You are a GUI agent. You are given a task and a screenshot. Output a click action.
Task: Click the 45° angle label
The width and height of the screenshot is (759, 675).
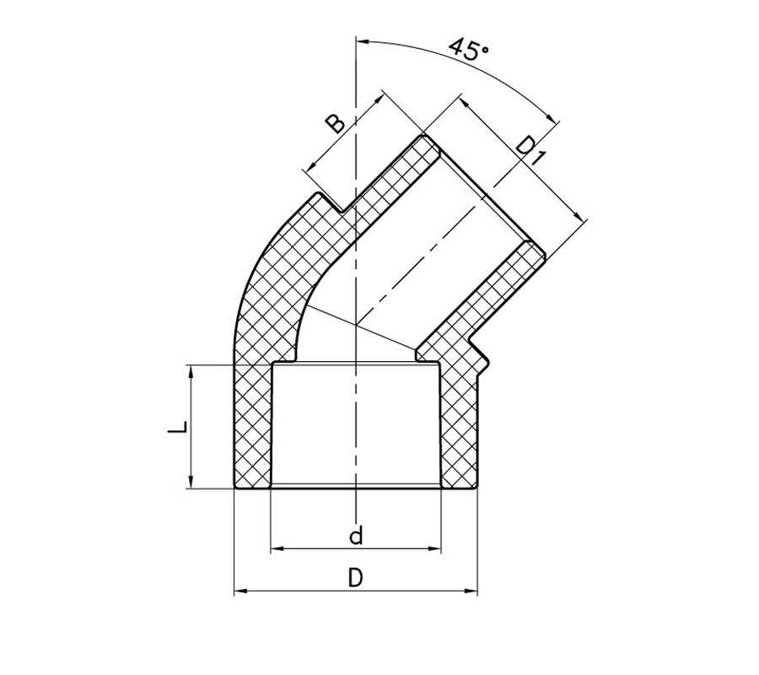point(469,48)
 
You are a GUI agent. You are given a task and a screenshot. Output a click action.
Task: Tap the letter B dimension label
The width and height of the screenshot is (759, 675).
point(336,123)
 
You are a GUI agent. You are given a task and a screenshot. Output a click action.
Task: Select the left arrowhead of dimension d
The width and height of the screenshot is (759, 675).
point(275,550)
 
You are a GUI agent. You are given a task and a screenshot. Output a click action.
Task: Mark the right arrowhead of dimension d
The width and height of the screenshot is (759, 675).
point(436,550)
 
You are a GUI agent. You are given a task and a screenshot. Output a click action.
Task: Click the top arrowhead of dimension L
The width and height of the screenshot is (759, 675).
point(192,370)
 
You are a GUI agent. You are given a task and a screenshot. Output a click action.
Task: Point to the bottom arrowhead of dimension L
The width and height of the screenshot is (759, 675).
point(192,483)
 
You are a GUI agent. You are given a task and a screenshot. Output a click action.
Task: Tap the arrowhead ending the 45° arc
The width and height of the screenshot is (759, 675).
point(552,119)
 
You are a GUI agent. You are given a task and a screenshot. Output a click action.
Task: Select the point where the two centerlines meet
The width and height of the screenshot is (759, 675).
point(357,324)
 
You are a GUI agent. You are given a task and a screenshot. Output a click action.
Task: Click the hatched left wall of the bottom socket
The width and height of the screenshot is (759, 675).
point(252,426)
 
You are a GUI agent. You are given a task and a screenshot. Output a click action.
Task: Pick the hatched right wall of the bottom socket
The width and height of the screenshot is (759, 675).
point(460,426)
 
